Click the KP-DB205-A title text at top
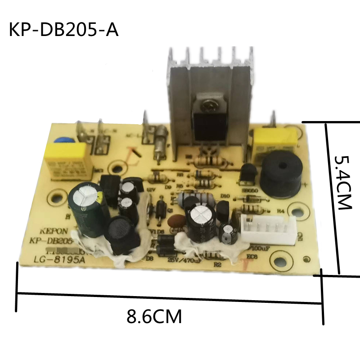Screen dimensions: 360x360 pyautogui.click(x=63, y=30)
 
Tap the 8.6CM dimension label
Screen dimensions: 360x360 pyautogui.click(x=154, y=316)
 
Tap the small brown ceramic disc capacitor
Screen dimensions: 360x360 pyautogui.click(x=175, y=220)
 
